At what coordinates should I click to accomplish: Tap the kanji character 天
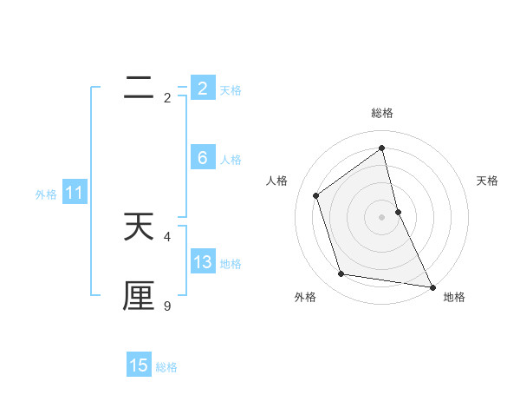coord(139,227)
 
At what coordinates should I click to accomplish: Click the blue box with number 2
coord(203,89)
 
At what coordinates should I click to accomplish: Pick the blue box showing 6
coord(203,158)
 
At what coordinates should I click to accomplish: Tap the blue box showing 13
coord(203,262)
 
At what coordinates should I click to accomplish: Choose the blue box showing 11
coord(74,194)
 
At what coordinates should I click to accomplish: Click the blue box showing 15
coord(139,365)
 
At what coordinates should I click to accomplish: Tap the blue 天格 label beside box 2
coord(231,90)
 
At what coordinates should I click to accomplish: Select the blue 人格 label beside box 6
coord(231,160)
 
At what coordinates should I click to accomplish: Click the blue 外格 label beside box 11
coord(46,194)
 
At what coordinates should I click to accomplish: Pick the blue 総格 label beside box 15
coord(166,367)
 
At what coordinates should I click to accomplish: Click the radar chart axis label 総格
coord(382,113)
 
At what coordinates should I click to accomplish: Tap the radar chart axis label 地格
coord(454,297)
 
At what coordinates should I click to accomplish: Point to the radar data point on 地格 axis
coord(432,286)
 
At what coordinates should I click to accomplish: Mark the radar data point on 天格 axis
coord(398,211)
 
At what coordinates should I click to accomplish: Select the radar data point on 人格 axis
coord(316,195)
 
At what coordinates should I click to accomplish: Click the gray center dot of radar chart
coord(382,216)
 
